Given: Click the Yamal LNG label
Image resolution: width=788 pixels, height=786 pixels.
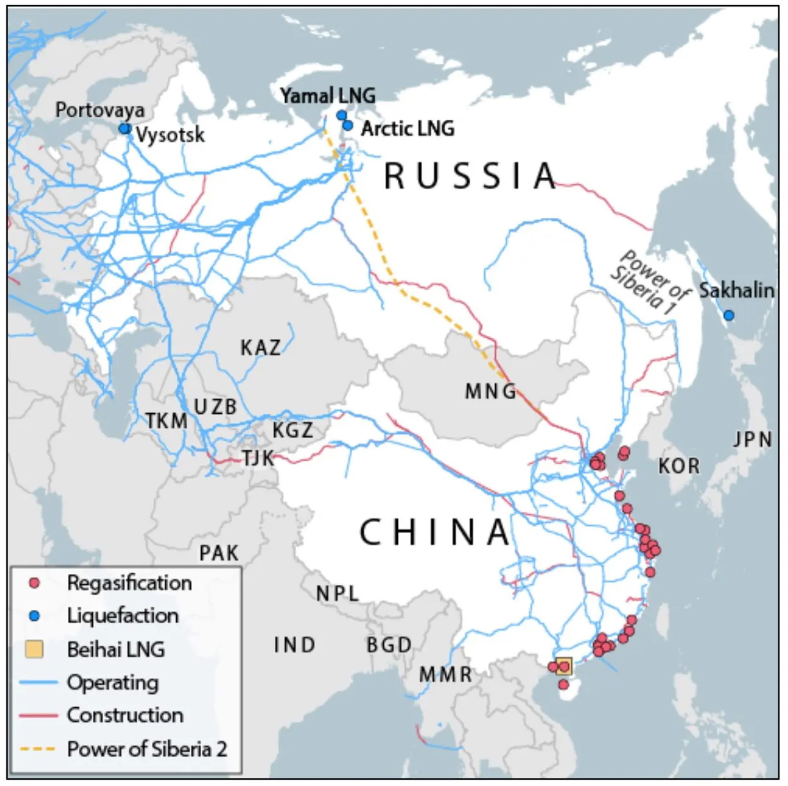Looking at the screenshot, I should pos(327,95).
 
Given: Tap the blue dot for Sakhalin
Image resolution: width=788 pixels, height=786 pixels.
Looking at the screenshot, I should pos(728,315).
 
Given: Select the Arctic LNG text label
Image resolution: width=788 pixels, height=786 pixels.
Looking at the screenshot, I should pos(407,128).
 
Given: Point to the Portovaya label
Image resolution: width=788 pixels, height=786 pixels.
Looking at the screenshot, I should pos(99,110).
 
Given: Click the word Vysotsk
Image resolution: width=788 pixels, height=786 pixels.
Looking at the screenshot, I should pos(170,135).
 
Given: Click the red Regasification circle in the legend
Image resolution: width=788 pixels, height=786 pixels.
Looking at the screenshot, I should pos(35,583).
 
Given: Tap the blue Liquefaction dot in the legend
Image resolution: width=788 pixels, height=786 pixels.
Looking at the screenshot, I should pos(35,616).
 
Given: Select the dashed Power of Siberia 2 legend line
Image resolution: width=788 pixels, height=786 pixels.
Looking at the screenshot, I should pos(38,748).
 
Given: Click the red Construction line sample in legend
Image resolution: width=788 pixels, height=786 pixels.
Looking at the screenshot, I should pos(38,715).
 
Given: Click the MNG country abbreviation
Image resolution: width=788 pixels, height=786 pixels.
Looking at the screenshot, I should pos(491,391).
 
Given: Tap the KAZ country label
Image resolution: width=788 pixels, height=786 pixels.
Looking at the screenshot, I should pos(260,348).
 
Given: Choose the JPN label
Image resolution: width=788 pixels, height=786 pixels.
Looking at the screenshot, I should pos(753,439).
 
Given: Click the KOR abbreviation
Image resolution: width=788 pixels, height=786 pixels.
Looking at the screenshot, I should pos(679,466).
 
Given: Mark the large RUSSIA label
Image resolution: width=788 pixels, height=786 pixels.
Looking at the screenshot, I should pos(471,176).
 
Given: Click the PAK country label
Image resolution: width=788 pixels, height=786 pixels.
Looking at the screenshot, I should pos(218,553).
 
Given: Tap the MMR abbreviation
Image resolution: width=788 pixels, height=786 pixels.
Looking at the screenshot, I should pos(446,674).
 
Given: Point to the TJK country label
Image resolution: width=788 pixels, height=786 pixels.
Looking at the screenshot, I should pos(258,458).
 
